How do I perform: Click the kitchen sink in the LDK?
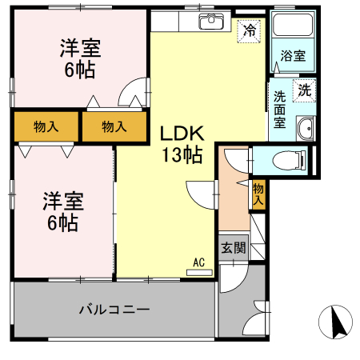210,21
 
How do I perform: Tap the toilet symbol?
289,160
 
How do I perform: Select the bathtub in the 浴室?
293,24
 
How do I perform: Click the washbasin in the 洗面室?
305,129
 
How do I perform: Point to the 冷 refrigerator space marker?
249,31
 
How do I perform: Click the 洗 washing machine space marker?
304,90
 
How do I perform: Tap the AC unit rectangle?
199,273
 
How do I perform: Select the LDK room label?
182,134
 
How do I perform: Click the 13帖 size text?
182,155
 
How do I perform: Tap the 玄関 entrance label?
234,248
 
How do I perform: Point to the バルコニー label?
114,310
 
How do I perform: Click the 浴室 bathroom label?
293,56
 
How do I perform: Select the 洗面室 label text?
279,110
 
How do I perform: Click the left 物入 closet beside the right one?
46,126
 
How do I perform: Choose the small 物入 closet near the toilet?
258,194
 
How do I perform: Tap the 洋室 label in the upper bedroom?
80,48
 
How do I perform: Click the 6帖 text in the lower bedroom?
63,222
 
